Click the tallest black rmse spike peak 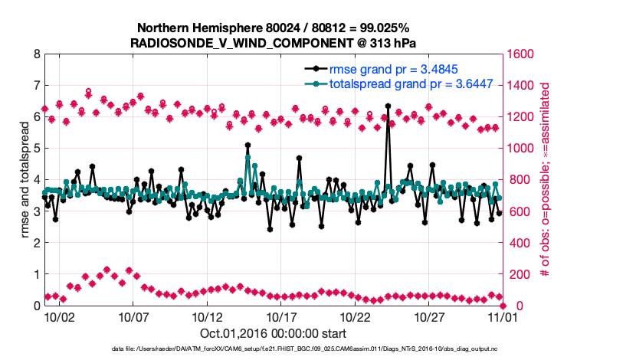[388, 106]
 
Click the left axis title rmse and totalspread [22, 180]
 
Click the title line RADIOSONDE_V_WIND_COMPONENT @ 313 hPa [274, 41]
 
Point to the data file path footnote [273, 349]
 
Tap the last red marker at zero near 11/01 [500, 305]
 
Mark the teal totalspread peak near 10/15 [248, 157]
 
